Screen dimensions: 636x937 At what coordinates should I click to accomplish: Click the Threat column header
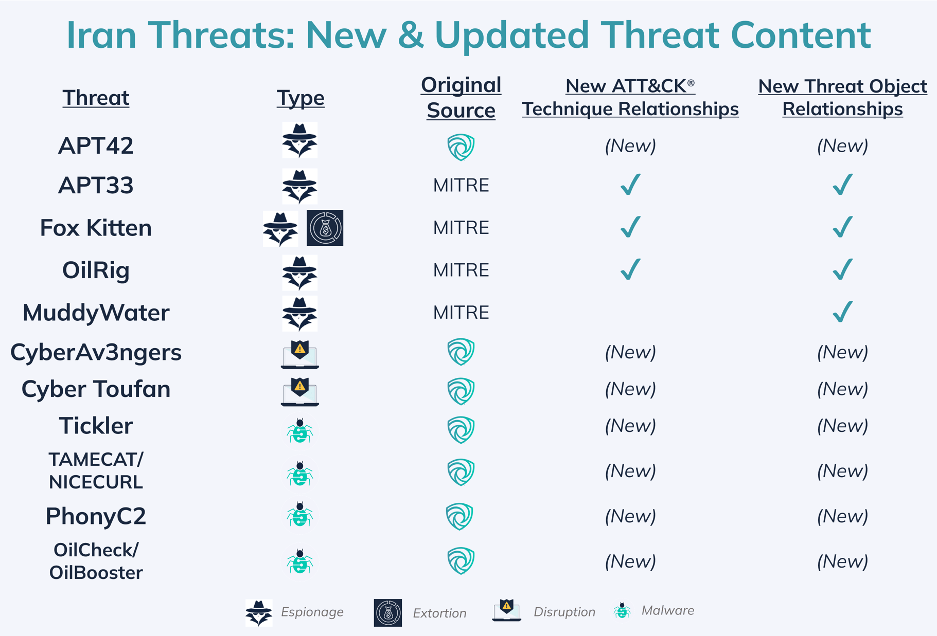pos(96,98)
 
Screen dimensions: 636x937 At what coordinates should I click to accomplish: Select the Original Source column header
pos(461,98)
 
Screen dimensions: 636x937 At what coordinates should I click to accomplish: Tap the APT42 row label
pos(96,146)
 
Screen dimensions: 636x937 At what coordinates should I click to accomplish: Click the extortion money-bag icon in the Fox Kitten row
pos(325,228)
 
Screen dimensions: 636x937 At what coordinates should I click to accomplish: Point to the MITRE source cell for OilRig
pos(461,270)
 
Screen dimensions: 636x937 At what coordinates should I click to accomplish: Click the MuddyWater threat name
pos(96,313)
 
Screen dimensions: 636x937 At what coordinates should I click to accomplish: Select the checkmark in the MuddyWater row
pos(842,312)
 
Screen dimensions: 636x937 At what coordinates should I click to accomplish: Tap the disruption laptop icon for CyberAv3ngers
pos(300,354)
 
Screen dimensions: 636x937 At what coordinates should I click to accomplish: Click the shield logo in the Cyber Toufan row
pos(461,391)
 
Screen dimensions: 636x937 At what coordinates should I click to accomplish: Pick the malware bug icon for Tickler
pos(300,431)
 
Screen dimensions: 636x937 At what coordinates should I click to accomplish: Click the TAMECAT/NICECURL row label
pos(96,470)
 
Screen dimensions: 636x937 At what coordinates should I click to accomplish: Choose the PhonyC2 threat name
pos(96,516)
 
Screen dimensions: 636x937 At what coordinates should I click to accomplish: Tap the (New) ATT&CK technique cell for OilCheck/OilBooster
pos(630,561)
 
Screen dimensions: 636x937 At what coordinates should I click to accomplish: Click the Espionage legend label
pos(312,612)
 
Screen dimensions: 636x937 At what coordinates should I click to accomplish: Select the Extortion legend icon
pos(387,612)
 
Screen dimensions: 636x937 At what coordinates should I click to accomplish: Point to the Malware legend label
pos(667,610)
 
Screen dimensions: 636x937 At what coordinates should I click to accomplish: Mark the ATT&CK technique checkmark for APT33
pos(630,185)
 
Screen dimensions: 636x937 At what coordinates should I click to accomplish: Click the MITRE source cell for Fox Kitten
pos(461,228)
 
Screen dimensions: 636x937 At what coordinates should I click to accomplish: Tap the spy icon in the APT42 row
pos(300,140)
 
